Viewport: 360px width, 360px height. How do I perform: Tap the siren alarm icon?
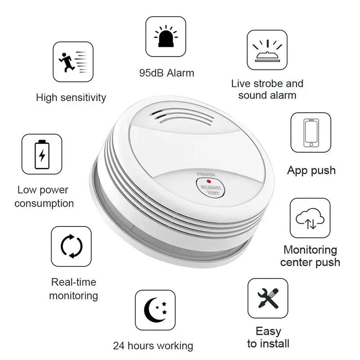tap(166, 36)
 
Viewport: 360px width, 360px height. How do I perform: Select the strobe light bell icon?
tap(267, 50)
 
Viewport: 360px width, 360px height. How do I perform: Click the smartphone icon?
tap(310, 132)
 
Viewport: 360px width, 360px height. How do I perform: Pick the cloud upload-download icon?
tap(310, 218)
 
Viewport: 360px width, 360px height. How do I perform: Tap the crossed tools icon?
tap(268, 298)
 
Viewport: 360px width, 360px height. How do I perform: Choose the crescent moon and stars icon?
tap(155, 310)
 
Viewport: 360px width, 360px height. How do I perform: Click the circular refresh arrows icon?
tap(71, 246)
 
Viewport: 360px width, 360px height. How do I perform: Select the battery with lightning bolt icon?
tap(42, 154)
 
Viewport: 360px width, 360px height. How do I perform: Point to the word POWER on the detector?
tap(206, 173)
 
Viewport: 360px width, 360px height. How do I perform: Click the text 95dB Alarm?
tap(167, 73)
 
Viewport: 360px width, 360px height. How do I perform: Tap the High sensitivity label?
tap(71, 97)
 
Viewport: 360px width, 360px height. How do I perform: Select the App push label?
tap(311, 171)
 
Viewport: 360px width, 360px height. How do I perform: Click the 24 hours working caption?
tap(153, 346)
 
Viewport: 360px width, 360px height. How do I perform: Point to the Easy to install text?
tap(268, 337)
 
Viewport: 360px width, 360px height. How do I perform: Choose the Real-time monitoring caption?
tap(73, 289)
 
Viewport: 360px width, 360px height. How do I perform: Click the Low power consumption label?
tap(44, 197)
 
